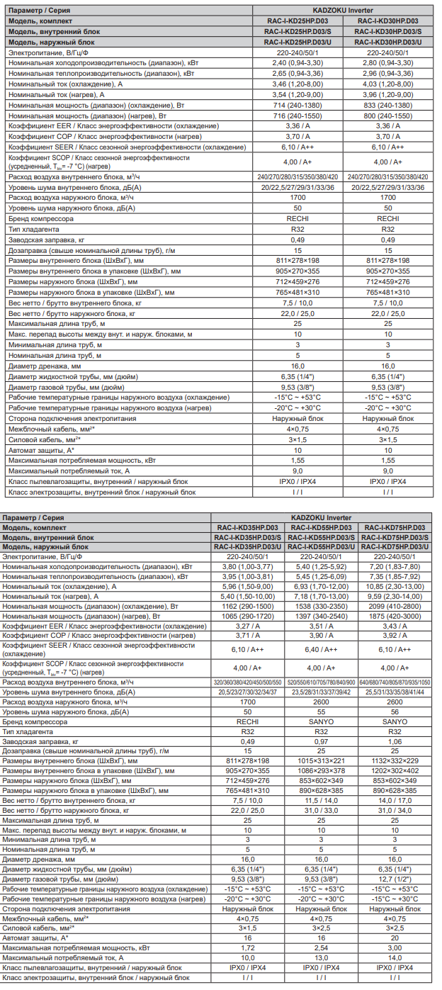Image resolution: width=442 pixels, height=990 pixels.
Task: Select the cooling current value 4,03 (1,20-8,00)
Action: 387,84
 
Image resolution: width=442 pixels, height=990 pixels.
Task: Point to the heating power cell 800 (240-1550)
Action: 387,116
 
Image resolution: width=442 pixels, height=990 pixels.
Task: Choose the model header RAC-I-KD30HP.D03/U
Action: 387,43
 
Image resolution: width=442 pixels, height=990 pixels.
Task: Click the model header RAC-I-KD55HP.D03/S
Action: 321,538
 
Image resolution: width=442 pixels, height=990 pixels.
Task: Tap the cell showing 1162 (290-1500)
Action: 247,607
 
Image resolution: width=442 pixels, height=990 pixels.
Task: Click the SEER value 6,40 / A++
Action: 321,649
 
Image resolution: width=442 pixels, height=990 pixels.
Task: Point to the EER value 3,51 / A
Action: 321,626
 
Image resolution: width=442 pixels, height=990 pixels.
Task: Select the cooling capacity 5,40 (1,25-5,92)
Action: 321,567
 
